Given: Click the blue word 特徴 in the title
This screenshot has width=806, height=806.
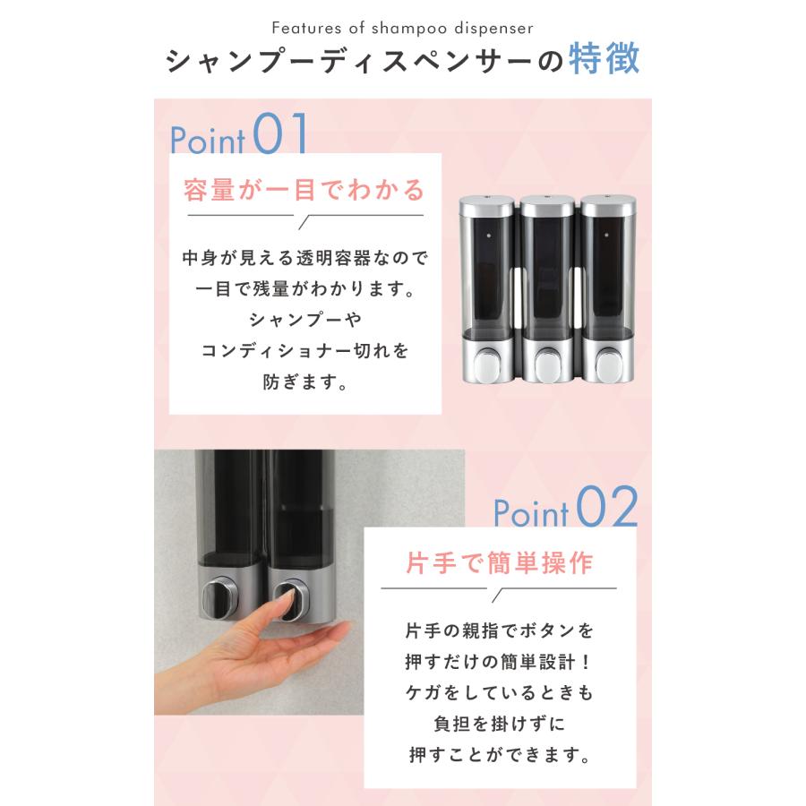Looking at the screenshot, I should point(604,61).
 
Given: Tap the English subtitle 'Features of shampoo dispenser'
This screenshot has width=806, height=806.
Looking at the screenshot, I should point(402,29).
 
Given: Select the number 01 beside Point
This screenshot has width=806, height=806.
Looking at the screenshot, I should point(281,136).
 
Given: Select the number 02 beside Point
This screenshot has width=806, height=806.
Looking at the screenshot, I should point(607,509).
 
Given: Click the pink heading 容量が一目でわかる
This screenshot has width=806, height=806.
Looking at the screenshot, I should point(304,190).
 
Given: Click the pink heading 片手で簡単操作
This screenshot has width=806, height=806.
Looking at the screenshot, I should point(499,564).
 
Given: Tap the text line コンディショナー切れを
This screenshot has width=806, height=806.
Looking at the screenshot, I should point(304,351).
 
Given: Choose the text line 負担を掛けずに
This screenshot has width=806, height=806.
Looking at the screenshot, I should point(499,724).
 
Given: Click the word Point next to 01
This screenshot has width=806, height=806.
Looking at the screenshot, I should point(208,141).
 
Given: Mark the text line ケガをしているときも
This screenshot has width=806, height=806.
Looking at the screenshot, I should point(499,693).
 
